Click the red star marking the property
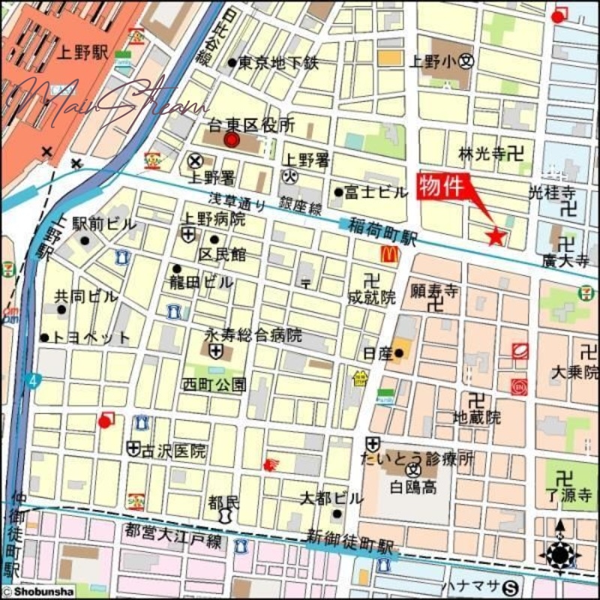(496, 237)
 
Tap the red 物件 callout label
(446, 186)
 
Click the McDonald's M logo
(388, 254)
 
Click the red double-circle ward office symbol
(232, 139)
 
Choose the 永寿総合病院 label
(253, 334)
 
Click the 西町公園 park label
(214, 385)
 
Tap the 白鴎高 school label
(411, 488)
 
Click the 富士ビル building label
(376, 193)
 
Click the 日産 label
(377, 353)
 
